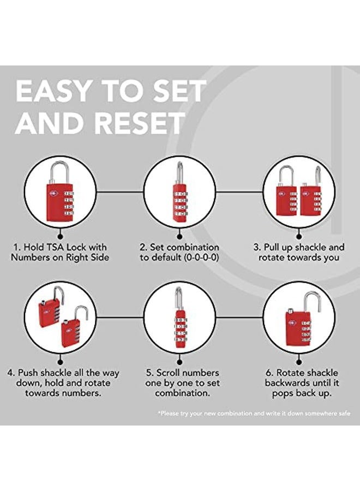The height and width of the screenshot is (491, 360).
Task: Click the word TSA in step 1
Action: (55, 247)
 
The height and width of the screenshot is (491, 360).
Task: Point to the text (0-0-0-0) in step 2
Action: (201, 258)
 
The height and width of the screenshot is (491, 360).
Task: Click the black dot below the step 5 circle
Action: (179, 362)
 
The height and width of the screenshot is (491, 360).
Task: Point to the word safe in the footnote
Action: (344, 414)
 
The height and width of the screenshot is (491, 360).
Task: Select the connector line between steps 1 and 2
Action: (120, 192)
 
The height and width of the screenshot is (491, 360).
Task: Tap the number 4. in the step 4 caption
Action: (11, 373)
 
